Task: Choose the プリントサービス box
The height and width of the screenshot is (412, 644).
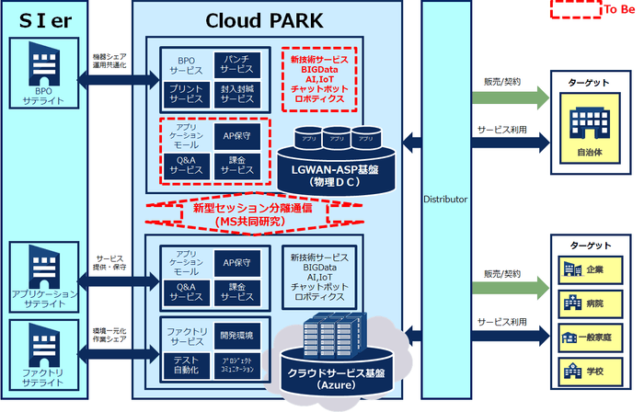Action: click(186, 93)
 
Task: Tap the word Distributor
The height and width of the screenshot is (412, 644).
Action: click(445, 199)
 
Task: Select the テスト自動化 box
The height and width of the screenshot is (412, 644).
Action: click(186, 364)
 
